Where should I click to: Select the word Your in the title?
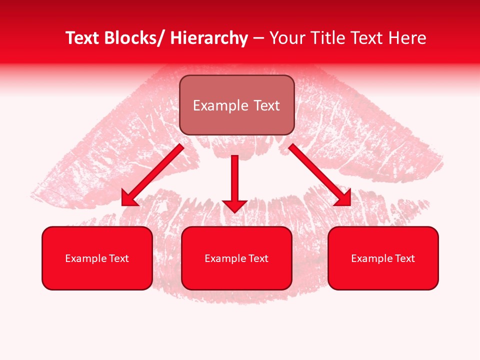[287, 38]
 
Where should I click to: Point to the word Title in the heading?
[328, 38]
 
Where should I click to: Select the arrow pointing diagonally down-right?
[317, 172]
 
